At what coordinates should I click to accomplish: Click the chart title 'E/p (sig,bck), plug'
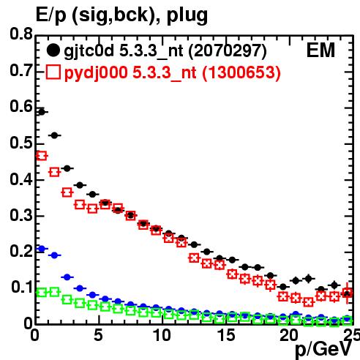coord(121,15)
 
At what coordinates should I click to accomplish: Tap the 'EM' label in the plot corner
coord(320,50)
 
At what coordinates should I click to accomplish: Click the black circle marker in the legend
coord(53,50)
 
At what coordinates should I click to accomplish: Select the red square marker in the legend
coord(53,72)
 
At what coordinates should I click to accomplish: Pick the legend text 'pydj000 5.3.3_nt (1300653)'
coord(173,73)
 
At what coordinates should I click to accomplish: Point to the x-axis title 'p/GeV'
coord(323,350)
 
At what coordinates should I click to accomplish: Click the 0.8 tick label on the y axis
coord(21,34)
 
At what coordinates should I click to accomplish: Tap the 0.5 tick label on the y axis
coord(21,143)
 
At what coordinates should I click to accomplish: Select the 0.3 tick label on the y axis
coord(21,215)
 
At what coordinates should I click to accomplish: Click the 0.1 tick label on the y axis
coord(22,287)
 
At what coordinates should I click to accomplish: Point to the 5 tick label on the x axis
coord(98,335)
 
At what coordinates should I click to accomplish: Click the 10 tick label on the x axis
coord(162,335)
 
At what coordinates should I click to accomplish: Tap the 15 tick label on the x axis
coord(226,335)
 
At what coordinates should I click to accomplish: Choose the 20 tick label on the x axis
coord(289,335)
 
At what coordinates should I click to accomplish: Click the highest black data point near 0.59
coord(42,112)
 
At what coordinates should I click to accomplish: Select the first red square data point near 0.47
coord(42,156)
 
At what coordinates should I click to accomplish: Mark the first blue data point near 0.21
coord(42,249)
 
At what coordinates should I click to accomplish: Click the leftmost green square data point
coord(42,292)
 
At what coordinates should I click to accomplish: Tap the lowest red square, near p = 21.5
coord(309,302)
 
